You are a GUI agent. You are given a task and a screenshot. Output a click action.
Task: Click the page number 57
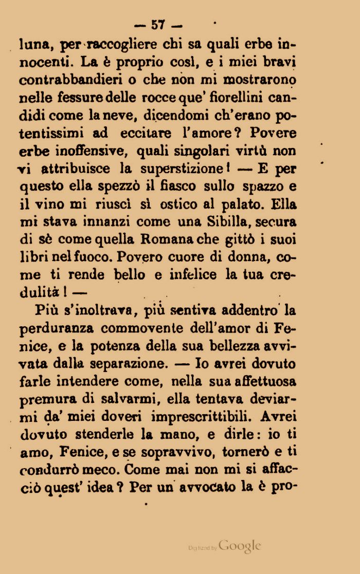point(157,25)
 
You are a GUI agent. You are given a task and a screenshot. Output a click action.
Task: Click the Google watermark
point(240,546)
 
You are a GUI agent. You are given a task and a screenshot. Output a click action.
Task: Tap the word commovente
point(142,328)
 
